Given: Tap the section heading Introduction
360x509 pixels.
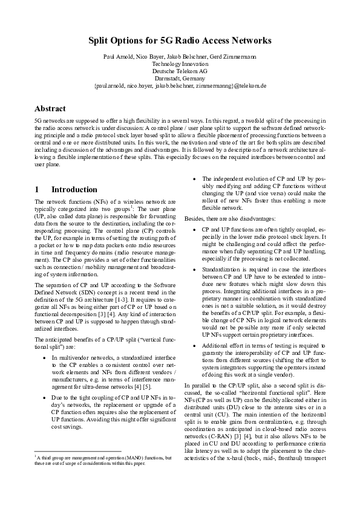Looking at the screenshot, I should point(74,189).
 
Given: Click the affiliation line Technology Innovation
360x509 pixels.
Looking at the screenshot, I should point(180,63).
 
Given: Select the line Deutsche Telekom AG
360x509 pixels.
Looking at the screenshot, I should point(180,71).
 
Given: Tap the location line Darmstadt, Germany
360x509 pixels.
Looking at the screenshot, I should point(180,79).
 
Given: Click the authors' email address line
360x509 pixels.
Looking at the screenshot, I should point(180,86).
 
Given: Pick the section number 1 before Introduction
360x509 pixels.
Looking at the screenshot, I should point(38,189).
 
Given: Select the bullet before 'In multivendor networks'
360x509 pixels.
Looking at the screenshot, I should point(46,358).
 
